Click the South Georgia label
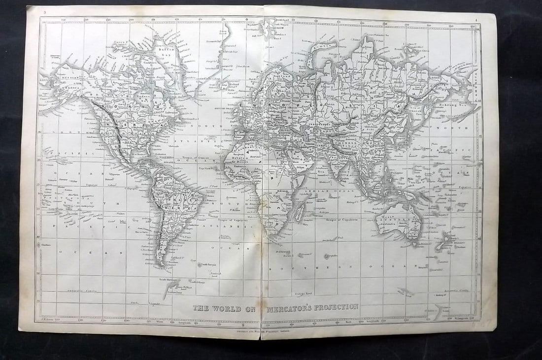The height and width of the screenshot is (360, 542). click(207, 264)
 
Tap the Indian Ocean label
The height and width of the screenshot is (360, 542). click(321, 190)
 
